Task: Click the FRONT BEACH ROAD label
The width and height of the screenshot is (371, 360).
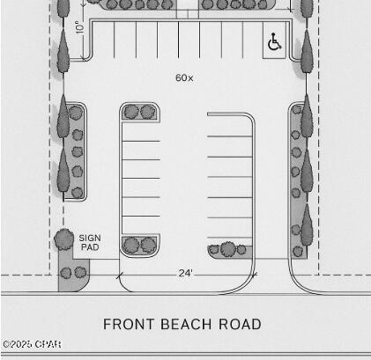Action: tap(182, 324)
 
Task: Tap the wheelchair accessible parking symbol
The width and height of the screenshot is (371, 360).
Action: tap(274, 42)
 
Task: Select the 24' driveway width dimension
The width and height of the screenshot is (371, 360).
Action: tap(186, 274)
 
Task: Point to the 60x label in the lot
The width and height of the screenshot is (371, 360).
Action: tap(184, 78)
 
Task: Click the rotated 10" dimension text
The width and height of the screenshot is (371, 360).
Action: tap(79, 27)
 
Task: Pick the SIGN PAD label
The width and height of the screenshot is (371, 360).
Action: tap(90, 243)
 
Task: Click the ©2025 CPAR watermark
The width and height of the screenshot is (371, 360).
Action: tap(32, 344)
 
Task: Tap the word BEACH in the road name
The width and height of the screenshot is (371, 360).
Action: tap(183, 324)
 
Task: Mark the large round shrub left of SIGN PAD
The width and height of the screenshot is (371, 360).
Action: tap(63, 238)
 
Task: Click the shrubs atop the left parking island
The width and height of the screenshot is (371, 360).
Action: tap(139, 112)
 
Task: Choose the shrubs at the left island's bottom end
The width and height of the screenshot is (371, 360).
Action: tap(139, 245)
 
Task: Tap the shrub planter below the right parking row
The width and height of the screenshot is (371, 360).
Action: tap(229, 251)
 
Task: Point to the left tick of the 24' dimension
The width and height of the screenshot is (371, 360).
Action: tap(118, 275)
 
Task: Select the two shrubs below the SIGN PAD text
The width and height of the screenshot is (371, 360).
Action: tap(71, 273)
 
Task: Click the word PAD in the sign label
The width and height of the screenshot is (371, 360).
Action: tap(90, 248)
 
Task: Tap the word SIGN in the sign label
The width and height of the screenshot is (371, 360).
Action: tap(90, 238)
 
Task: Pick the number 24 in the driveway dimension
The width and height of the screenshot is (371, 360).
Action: tap(183, 274)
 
